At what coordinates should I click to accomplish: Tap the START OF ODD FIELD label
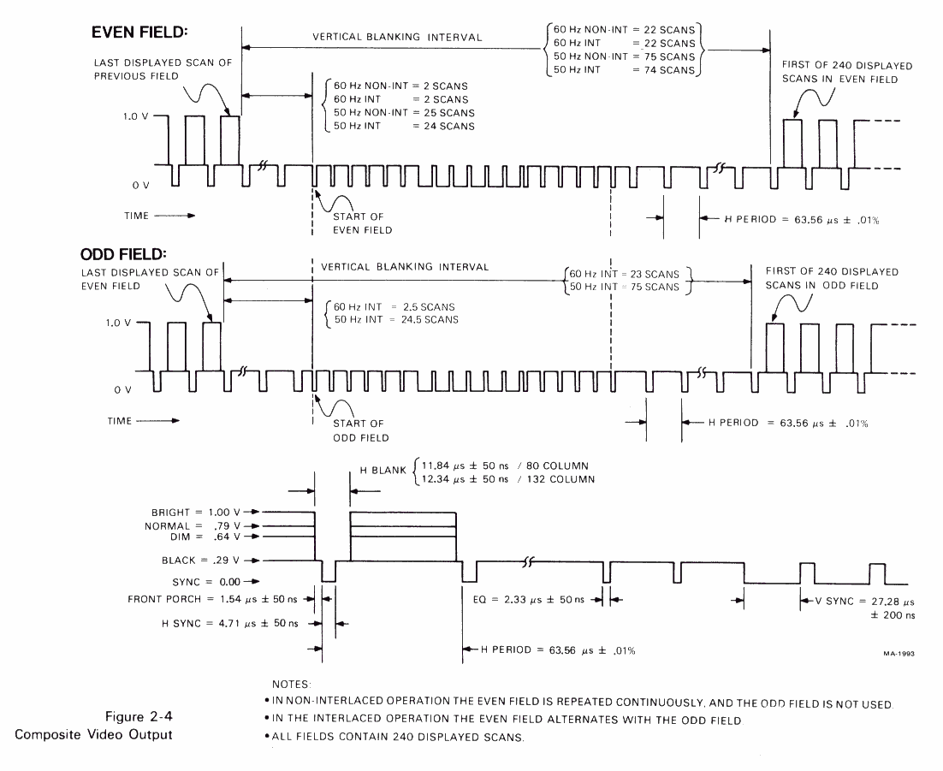[x=360, y=430]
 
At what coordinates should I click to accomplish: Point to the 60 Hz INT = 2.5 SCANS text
[x=394, y=306]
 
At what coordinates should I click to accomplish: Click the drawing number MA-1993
[x=899, y=652]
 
